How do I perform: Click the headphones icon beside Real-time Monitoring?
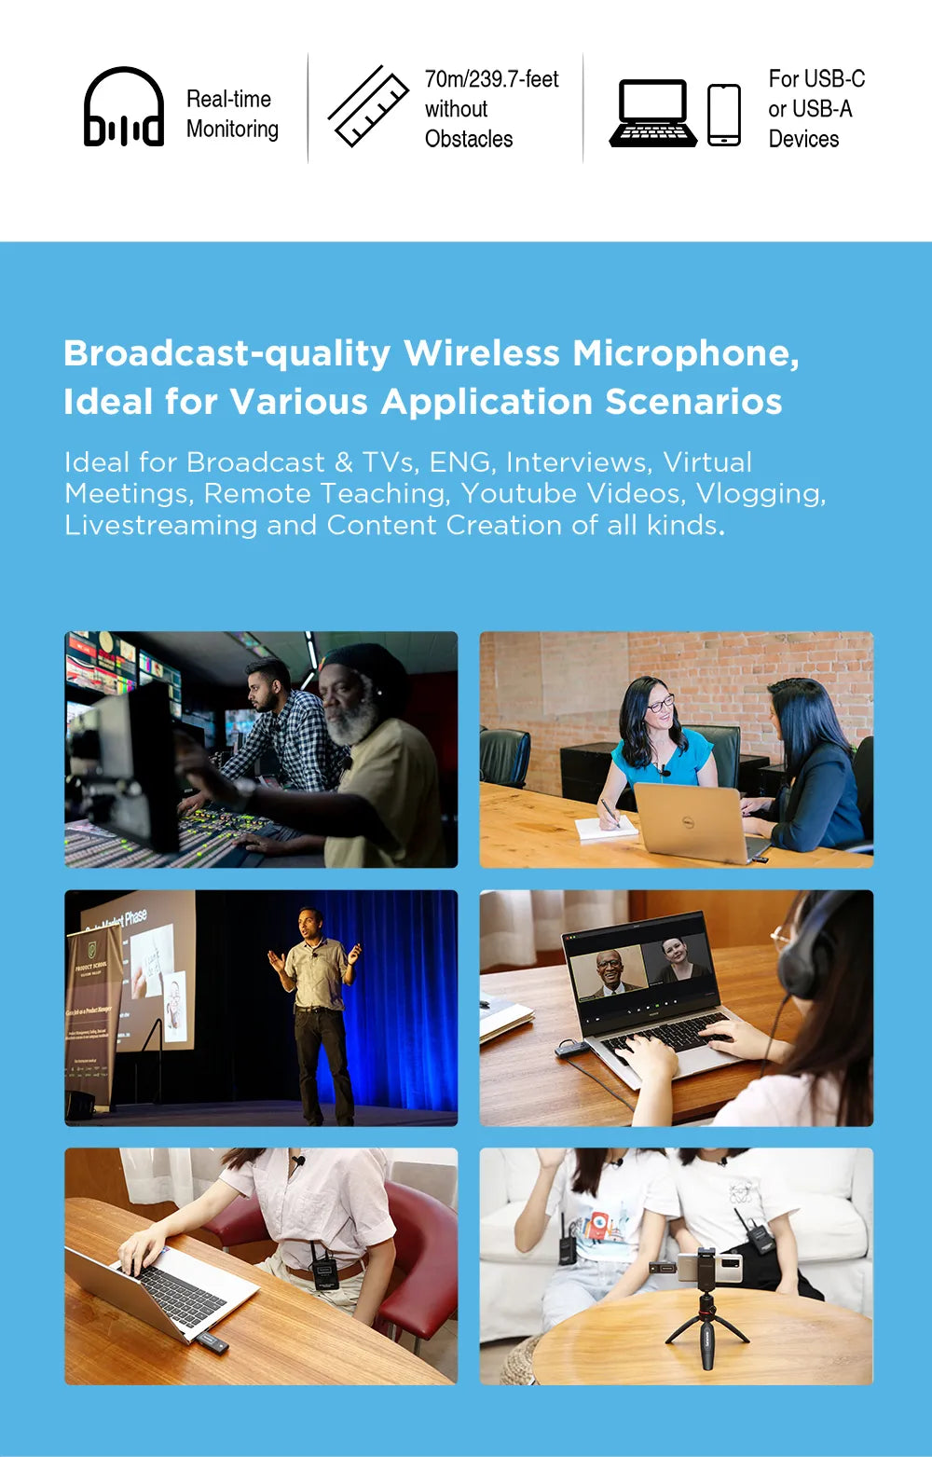(x=124, y=107)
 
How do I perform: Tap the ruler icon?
(x=368, y=106)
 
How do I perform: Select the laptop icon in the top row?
(x=653, y=113)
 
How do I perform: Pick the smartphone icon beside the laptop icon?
(x=724, y=116)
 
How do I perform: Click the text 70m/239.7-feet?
(x=492, y=79)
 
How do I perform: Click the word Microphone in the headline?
(x=686, y=353)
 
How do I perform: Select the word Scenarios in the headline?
(x=693, y=402)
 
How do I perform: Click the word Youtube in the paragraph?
(x=518, y=494)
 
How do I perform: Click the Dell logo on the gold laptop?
(x=687, y=823)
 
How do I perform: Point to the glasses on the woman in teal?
(x=660, y=704)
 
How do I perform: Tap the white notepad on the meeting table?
(x=606, y=828)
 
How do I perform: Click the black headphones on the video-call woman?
(x=810, y=946)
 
